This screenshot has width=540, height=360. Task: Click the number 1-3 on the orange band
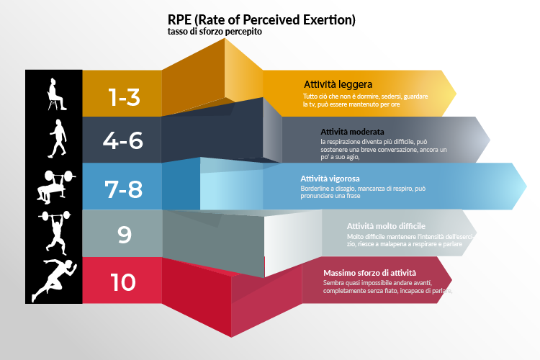point(125,96)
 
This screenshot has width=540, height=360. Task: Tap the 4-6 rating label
point(123,140)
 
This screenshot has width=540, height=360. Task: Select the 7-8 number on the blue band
point(123,189)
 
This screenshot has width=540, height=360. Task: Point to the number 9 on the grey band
point(125,235)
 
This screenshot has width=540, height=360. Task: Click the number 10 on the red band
point(123,282)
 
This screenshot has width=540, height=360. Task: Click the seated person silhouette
point(56,94)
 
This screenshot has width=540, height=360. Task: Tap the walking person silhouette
point(58,138)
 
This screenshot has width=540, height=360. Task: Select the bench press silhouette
point(55,185)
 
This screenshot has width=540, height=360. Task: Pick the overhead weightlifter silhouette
point(55,232)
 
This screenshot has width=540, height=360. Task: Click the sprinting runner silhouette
point(54,281)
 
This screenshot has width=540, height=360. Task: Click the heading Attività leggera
point(338,84)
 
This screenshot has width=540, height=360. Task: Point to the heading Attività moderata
point(352,132)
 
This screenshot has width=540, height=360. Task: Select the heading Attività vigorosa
point(330,179)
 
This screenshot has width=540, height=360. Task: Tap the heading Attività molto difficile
point(386,226)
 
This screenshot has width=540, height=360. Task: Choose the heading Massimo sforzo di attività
point(369,273)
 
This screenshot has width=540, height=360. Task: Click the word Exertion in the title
point(329,20)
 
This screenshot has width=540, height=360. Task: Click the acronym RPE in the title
point(179,19)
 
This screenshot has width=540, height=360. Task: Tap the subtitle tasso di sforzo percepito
point(215,32)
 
